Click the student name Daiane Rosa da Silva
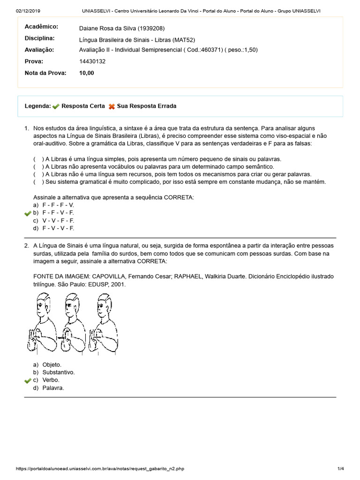[x=122, y=28]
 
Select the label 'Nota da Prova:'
[x=45, y=73]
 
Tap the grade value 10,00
[x=87, y=73]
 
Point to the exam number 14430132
[x=92, y=61]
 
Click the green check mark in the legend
[x=56, y=106]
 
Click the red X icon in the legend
[x=112, y=106]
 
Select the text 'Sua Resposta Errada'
[x=147, y=106]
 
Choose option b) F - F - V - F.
[x=58, y=213]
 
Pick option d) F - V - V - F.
[x=58, y=228]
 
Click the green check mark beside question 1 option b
[x=28, y=213]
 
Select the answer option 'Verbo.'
[x=51, y=380]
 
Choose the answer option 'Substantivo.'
[x=58, y=372]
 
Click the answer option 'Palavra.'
[x=53, y=388]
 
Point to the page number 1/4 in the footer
[x=340, y=469]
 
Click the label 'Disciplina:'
[x=39, y=38]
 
